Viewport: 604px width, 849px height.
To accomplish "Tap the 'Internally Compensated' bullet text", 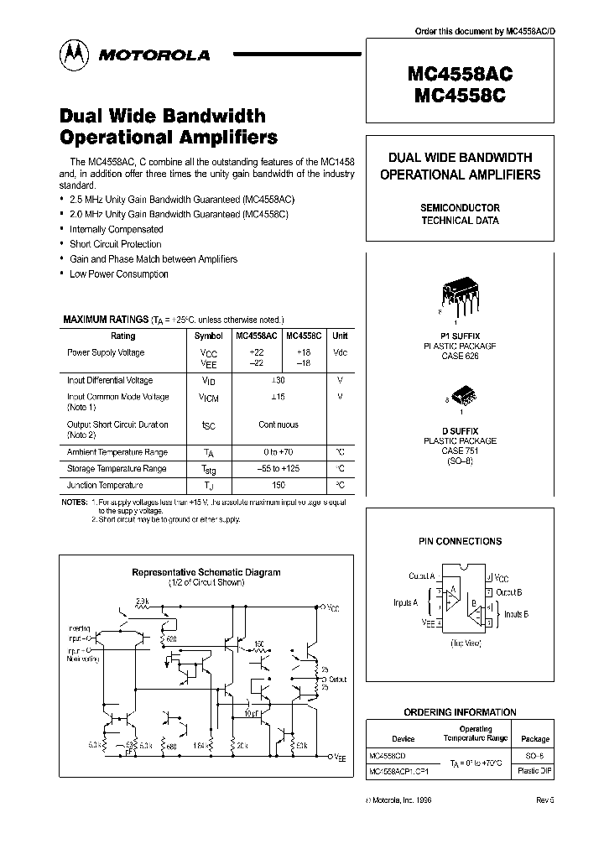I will (x=117, y=229).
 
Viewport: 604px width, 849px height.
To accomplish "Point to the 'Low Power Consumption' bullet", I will (x=119, y=274).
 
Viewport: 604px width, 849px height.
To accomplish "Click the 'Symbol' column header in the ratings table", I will (x=209, y=336).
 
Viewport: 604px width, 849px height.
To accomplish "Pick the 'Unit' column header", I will (x=340, y=336).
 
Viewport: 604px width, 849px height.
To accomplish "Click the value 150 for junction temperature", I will (x=279, y=485).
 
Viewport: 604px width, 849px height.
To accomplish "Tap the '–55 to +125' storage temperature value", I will (x=279, y=468).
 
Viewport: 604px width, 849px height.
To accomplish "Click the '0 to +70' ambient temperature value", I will (x=279, y=451).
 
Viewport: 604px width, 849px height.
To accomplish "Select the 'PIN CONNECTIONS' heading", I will (x=460, y=542).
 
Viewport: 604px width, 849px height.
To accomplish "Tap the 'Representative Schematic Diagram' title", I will (x=206, y=572).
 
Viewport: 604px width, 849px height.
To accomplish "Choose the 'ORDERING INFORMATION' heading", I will (x=460, y=712).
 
